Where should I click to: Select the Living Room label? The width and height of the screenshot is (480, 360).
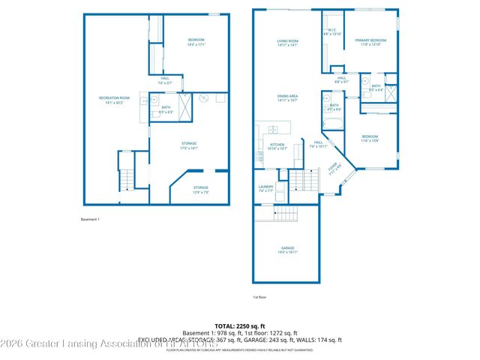pos(288,43)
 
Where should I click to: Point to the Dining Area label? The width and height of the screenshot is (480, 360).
pos(288,98)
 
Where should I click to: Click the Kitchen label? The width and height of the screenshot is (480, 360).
pos(277,146)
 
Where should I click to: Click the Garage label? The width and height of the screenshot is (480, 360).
pos(288,250)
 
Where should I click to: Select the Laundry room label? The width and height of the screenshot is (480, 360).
pos(265,190)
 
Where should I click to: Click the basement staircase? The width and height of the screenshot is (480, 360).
pos(126,178)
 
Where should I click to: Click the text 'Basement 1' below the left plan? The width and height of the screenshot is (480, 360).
pos(90,219)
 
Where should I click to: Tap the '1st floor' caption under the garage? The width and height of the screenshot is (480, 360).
pos(260,297)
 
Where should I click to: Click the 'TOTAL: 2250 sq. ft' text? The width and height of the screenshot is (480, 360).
pos(239,326)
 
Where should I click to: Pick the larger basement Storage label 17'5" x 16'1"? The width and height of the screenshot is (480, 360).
pos(189,145)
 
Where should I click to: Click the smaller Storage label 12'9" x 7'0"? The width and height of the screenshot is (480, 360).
pos(200,189)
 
